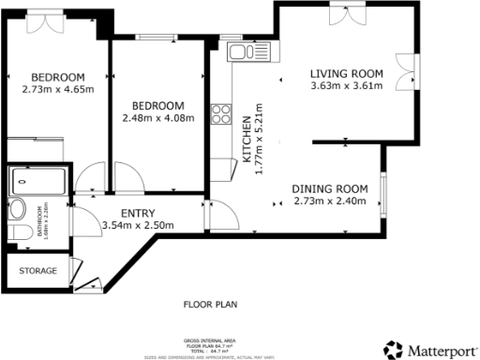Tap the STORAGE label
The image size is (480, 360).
tap(37, 271)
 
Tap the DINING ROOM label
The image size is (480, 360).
tap(330, 188)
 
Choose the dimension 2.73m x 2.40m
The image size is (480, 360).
tap(330, 201)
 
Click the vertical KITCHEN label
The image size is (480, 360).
tap(247, 141)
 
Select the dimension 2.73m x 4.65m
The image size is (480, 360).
tap(56, 90)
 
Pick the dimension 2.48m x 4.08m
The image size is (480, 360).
tap(157, 118)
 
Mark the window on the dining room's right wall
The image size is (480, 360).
tap(382, 191)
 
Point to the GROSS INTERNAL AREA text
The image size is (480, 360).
tap(211, 339)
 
